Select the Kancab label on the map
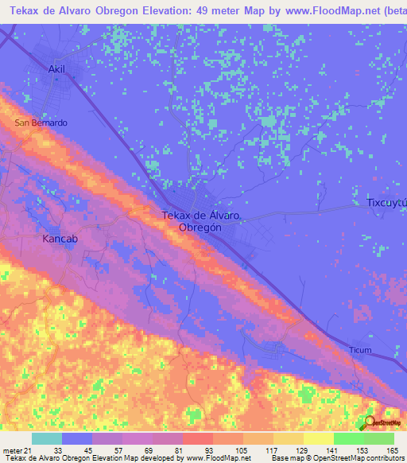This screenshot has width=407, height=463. click(x=60, y=238)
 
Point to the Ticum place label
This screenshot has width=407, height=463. click(x=360, y=350)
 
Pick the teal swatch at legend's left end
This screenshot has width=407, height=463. click(x=47, y=438)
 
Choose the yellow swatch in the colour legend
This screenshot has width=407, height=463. click(x=318, y=438)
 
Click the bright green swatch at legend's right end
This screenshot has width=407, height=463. click(x=379, y=438)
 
